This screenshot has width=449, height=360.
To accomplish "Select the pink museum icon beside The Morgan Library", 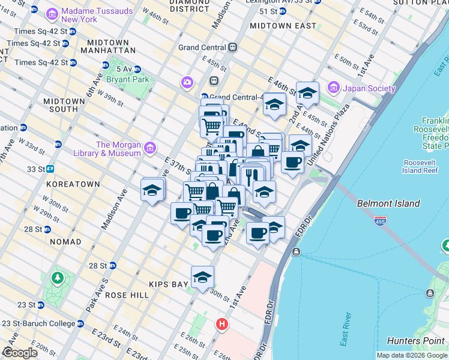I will click(149, 148).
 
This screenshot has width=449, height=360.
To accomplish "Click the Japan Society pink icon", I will click(333, 88).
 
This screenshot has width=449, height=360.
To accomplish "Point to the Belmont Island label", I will click(388, 203).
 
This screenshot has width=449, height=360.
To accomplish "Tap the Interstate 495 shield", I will click(380, 221).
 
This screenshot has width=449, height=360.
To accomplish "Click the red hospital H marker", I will click(222, 325).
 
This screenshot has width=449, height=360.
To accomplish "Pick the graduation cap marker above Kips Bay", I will click(203, 277).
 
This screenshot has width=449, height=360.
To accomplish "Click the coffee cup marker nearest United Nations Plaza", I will click(293, 162).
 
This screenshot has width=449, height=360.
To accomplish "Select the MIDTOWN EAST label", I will click(283, 26).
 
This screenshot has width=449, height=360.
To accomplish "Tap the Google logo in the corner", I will click(20, 352).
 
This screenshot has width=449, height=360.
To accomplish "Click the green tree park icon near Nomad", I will click(58, 278).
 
